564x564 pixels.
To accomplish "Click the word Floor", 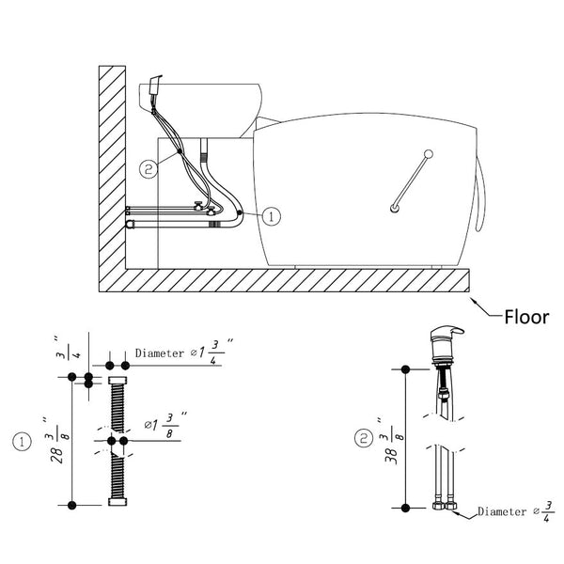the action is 526,317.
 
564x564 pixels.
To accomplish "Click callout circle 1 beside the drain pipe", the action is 272,216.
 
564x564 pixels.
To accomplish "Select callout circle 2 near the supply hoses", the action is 149,168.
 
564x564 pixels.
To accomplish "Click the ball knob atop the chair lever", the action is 429,154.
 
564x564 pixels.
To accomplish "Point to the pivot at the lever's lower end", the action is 395,209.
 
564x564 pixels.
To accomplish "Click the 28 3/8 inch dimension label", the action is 56,441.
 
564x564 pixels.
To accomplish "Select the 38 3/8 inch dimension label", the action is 391,441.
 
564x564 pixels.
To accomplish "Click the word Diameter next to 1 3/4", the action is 160,353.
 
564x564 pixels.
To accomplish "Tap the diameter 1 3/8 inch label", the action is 165,425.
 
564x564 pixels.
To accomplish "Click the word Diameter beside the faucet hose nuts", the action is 502,511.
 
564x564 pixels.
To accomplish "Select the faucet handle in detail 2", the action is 446,333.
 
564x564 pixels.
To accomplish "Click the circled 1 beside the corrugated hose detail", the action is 22,442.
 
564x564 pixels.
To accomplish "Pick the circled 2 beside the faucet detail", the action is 364,438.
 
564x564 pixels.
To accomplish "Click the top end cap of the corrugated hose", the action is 117,380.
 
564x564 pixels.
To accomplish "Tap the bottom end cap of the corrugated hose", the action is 117,502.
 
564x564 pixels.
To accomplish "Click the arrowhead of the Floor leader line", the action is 473,300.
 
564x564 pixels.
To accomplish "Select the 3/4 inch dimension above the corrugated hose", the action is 68,347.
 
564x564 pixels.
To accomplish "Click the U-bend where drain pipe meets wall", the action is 129,225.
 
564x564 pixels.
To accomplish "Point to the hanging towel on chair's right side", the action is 480,195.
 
